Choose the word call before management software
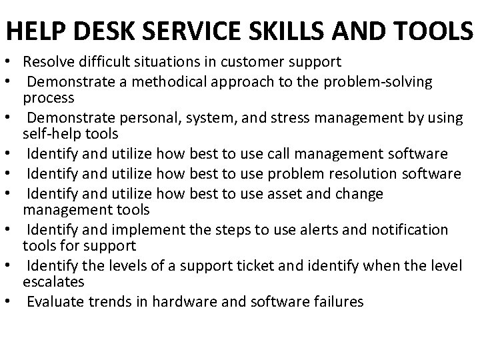pos(282,155)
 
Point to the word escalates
pos(53,281)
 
